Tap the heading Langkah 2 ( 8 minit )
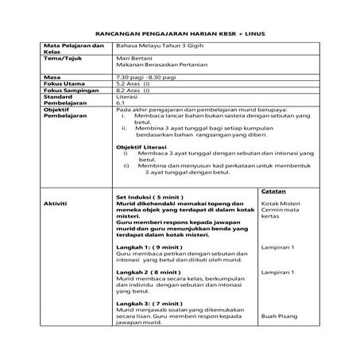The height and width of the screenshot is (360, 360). tap(149, 272)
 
